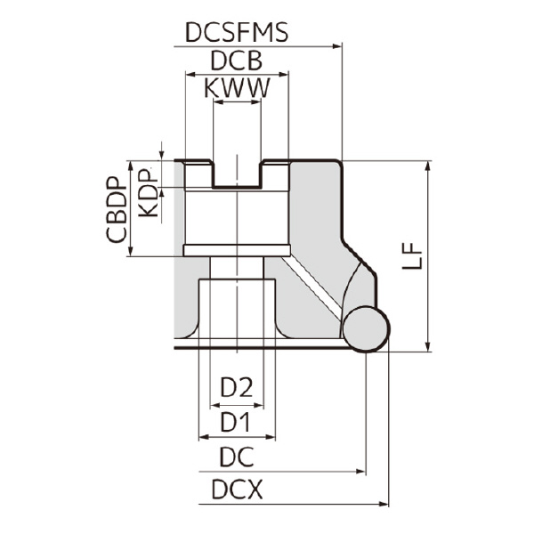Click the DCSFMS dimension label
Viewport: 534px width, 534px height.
click(237, 33)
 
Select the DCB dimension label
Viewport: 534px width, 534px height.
click(236, 61)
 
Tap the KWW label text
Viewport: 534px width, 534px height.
click(237, 89)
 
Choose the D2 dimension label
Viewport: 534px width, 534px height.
click(237, 387)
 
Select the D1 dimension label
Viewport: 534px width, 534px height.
click(237, 419)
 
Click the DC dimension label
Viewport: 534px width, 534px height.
click(237, 457)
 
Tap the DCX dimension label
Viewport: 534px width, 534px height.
click(237, 490)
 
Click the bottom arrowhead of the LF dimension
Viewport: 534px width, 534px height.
click(429, 346)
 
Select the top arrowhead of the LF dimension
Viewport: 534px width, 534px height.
click(429, 166)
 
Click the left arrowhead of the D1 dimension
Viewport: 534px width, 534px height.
click(202, 437)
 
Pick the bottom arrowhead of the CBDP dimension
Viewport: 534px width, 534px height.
click(130, 252)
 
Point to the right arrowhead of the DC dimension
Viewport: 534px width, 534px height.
click(360, 472)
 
